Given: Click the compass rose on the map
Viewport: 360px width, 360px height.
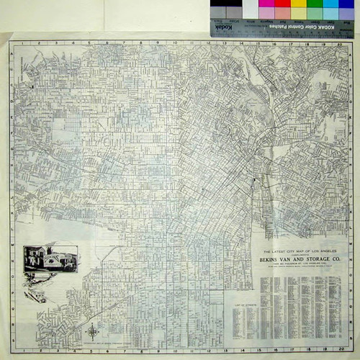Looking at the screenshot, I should (x=93, y=331).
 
